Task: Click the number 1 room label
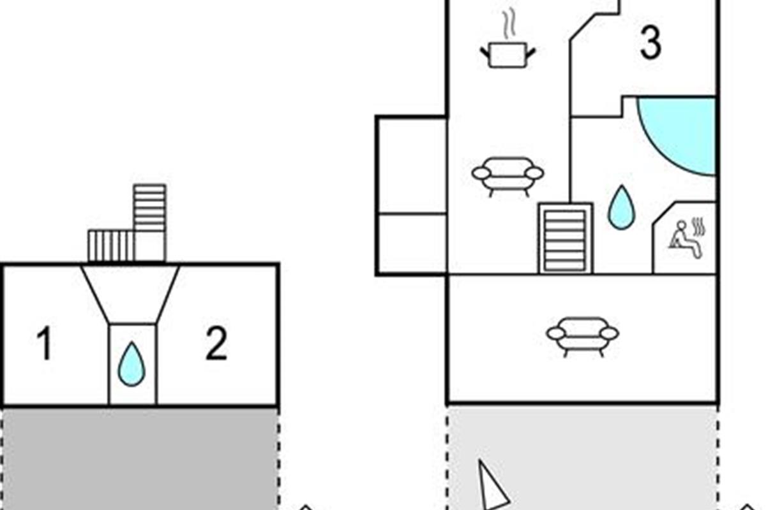coord(44,344)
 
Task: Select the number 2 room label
coord(216,344)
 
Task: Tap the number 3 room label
coord(650,44)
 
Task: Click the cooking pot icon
coord(507,54)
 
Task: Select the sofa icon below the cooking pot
coord(507,175)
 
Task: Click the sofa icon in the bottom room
coord(582,335)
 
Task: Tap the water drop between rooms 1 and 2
coord(132,364)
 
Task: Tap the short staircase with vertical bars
coord(110,246)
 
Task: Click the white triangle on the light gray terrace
coord(492,488)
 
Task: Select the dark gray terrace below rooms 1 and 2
coord(140,459)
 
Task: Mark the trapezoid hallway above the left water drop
coord(131,293)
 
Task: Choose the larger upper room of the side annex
coord(411,165)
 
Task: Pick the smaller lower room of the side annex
coord(411,244)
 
